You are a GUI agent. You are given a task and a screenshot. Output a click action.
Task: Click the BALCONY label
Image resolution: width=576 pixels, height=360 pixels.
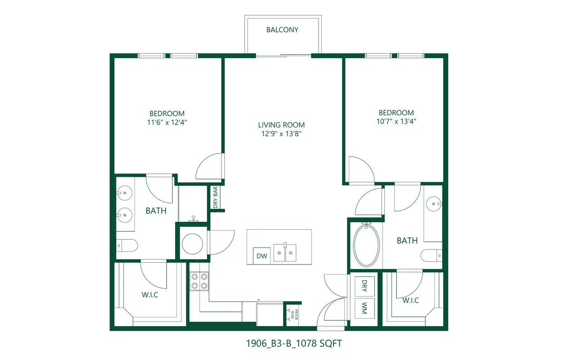tap(282, 30)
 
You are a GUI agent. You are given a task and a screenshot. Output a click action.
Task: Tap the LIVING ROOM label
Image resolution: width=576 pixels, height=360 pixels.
tap(281, 125)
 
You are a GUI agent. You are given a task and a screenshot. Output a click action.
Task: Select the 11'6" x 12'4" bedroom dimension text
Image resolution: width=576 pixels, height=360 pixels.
tap(167, 122)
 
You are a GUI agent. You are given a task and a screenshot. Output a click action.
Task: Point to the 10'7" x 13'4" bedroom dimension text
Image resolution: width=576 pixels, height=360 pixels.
tap(396, 121)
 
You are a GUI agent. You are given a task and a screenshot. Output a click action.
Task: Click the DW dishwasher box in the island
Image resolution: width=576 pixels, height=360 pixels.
tap(262, 256)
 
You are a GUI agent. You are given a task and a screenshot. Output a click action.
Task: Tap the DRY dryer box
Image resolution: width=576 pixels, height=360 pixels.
tap(364, 286)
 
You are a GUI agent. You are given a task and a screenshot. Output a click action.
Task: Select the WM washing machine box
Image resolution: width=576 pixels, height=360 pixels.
tap(364, 308)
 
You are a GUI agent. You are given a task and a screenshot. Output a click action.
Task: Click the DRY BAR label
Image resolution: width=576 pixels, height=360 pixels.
tap(216, 198)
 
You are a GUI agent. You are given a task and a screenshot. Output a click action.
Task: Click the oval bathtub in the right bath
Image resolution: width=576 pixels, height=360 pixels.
tap(366, 245)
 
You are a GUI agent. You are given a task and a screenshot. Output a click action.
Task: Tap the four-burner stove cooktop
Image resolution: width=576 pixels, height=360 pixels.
tap(199, 281)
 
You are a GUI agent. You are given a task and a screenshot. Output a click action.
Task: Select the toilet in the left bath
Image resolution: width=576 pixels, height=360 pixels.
tap(127, 246)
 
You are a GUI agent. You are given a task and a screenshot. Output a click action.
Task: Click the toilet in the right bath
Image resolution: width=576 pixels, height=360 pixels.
tap(431, 255)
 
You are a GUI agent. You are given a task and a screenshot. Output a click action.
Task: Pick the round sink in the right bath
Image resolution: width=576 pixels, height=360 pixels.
tap(434, 204)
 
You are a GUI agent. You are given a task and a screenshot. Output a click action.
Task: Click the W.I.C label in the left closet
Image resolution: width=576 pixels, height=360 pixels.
tap(150, 295)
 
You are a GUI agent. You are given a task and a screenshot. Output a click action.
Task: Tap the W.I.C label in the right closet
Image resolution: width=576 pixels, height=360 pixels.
tap(411, 300)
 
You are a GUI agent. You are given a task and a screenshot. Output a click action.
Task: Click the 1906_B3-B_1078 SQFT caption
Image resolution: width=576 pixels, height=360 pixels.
tap(294, 343)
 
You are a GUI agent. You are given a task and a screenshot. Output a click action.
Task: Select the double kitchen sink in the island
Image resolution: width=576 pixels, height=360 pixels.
tap(285, 252)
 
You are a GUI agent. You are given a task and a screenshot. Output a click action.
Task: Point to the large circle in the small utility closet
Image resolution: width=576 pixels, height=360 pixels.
tap(192, 244)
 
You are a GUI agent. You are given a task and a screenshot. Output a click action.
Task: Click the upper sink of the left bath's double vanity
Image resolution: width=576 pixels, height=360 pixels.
tap(125, 193)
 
